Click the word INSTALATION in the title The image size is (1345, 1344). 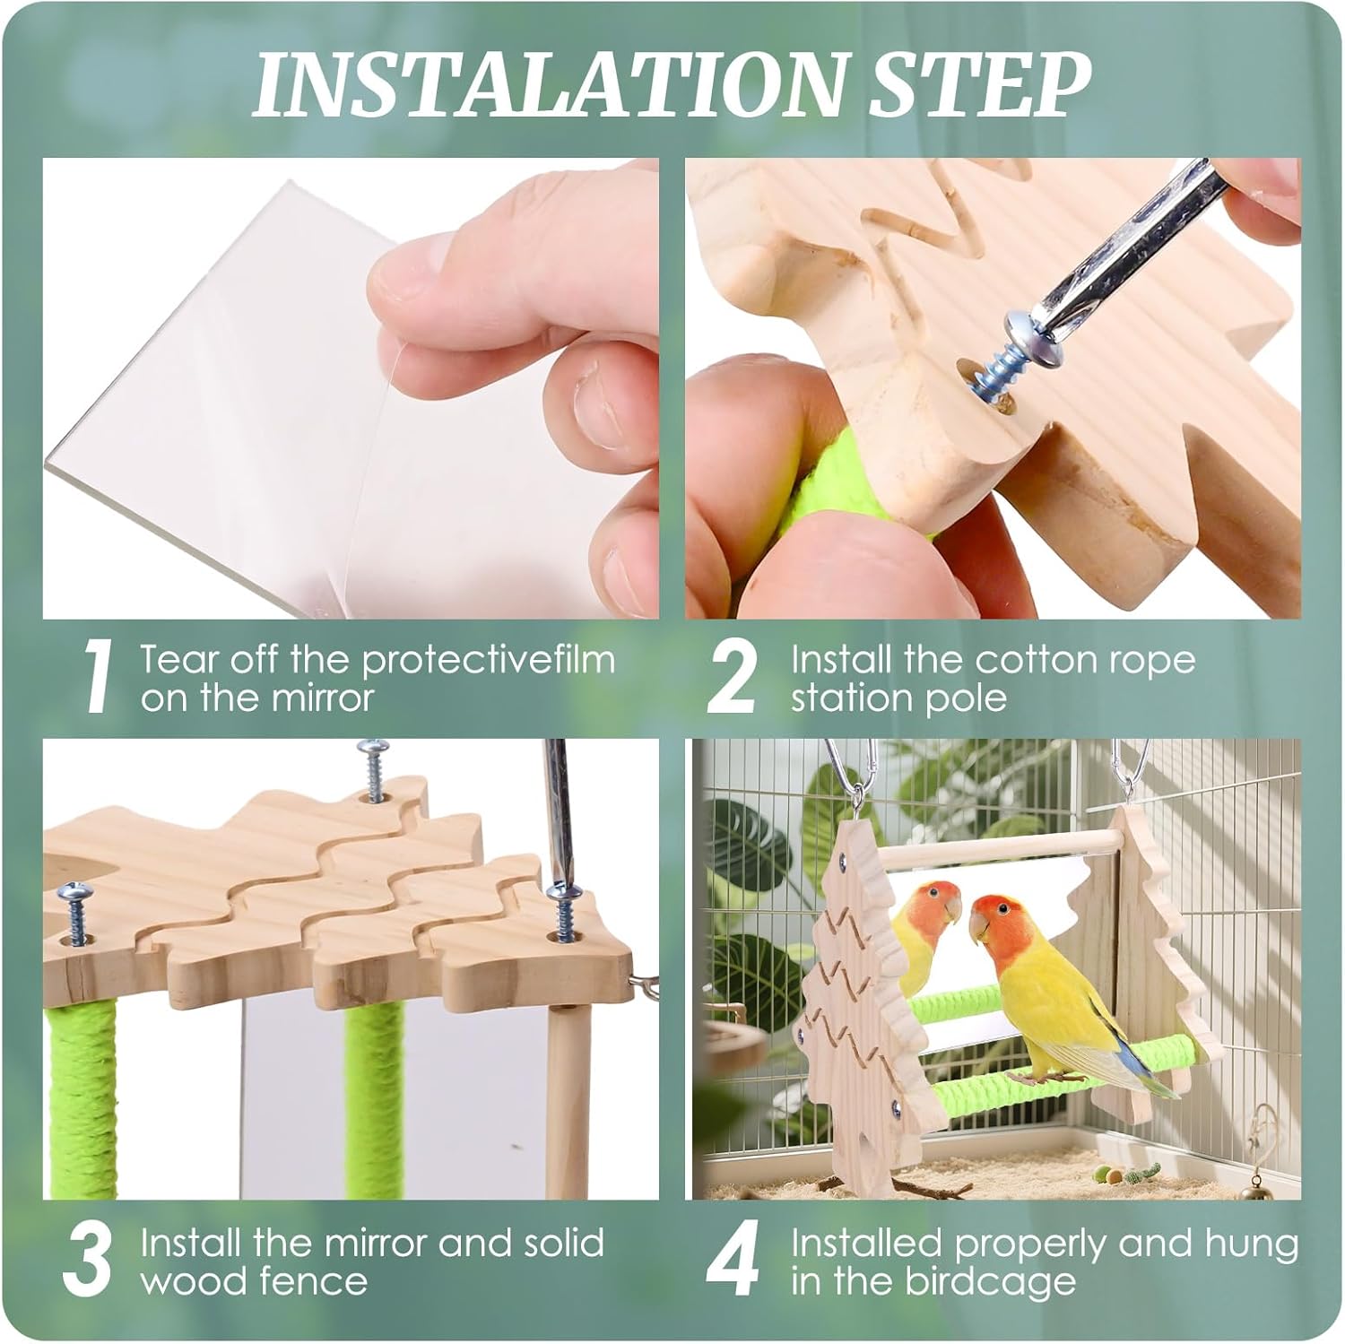tap(547, 86)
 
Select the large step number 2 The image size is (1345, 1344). tap(733, 680)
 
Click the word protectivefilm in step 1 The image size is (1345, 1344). tap(490, 662)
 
